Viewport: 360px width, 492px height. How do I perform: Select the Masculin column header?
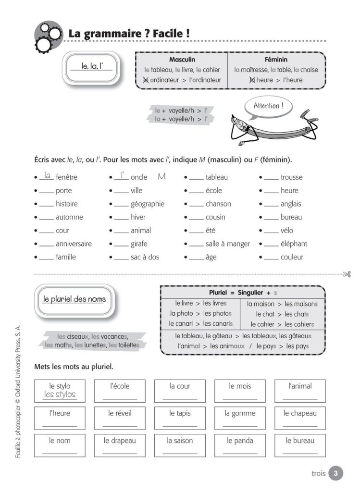[182, 60]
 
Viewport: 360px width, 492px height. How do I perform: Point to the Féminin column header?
[276, 60]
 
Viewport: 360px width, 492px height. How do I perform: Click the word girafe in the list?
[139, 244]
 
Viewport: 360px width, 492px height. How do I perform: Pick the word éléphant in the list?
[294, 244]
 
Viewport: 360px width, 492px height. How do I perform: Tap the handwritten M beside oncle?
[161, 177]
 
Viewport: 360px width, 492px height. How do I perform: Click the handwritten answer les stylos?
[60, 395]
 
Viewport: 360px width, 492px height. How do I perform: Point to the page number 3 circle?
[335, 473]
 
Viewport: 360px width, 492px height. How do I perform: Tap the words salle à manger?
[227, 244]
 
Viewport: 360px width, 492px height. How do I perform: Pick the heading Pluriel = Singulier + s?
[243, 292]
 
